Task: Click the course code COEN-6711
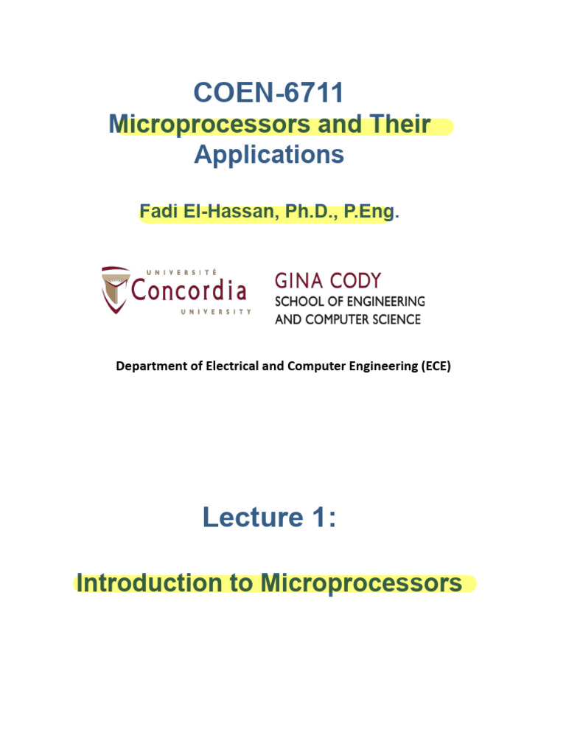(x=269, y=93)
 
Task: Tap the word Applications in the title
(x=269, y=155)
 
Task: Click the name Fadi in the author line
(x=156, y=212)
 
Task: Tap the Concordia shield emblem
(x=116, y=289)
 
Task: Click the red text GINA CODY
(x=328, y=281)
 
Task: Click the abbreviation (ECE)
(x=436, y=366)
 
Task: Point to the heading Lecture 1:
(x=269, y=518)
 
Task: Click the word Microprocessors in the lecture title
(x=361, y=583)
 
